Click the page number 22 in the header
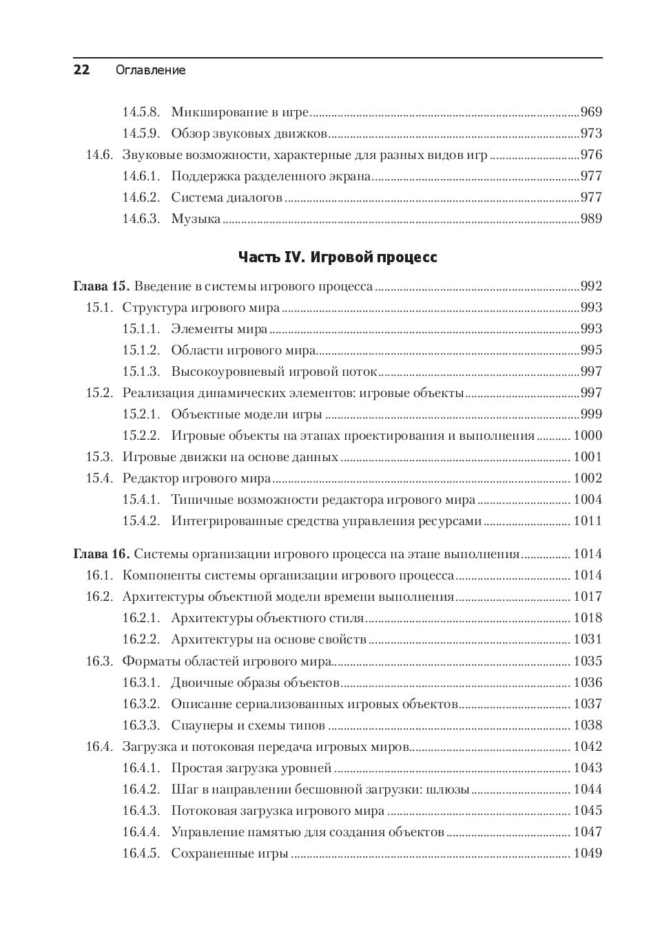pos(81,70)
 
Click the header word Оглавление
pos(150,70)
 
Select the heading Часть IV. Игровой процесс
pos(338,257)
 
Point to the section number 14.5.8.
pos(141,112)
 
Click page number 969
pos(591,112)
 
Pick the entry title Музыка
pos(196,219)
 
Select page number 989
pos(591,219)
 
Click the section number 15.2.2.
pos(141,436)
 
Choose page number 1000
pos(588,436)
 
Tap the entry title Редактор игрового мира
pos(196,478)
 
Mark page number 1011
pos(588,521)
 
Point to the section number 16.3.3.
pos(141,725)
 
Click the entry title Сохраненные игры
pos(229,853)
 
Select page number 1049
pos(588,853)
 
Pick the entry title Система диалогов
pos(227,198)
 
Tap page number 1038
pos(588,725)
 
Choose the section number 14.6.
pos(99,155)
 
